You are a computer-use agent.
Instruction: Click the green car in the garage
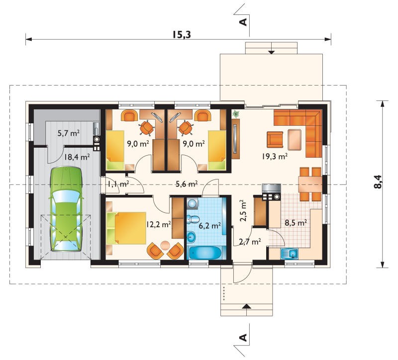point(66,209)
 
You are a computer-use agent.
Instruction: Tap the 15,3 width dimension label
point(182,34)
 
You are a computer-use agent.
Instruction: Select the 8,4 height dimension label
point(378,182)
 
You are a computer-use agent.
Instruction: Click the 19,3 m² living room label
point(275,156)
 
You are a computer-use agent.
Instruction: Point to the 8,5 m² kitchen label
point(296,223)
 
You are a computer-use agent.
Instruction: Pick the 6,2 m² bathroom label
point(209,225)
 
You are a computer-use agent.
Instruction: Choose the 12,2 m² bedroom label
point(158,224)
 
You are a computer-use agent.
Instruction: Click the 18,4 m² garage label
point(77,157)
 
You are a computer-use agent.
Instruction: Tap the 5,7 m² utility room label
point(69,133)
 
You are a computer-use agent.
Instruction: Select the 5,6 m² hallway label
point(187,184)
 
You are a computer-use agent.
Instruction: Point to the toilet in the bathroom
point(193,219)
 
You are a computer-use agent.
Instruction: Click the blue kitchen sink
point(290,254)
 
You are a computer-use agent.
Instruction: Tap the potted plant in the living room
point(236,114)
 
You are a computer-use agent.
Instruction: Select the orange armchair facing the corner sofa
point(275,139)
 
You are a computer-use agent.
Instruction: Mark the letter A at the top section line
point(243,22)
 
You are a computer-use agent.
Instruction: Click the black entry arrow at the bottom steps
point(246,306)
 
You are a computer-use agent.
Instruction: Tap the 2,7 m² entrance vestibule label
point(250,242)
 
